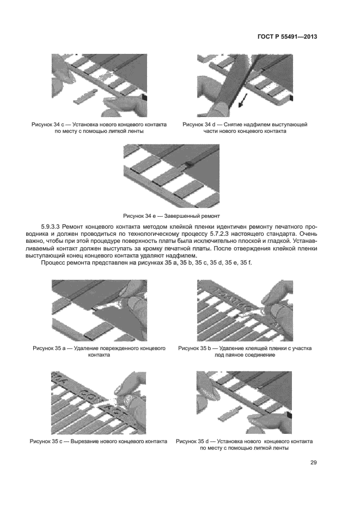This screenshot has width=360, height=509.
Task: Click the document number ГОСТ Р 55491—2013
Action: pos(286,38)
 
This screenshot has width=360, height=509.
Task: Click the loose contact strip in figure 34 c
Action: pos(88,99)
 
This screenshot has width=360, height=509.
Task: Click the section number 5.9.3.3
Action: pos(52,226)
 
